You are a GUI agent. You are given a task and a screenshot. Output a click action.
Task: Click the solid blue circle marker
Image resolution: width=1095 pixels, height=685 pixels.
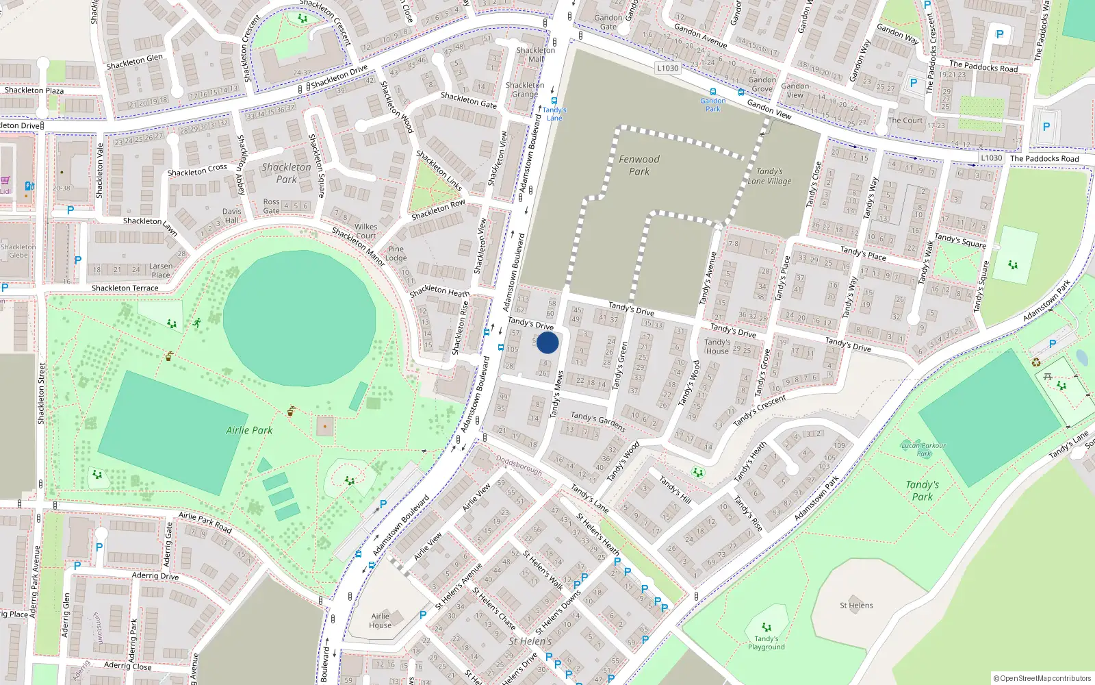point(547,343)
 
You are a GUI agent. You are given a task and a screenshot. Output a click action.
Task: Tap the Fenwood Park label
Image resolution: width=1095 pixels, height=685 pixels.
point(639,165)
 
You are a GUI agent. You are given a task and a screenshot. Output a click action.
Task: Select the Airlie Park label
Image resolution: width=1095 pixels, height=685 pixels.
point(249,430)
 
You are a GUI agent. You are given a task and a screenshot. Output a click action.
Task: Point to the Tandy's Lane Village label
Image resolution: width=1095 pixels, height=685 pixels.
point(769,176)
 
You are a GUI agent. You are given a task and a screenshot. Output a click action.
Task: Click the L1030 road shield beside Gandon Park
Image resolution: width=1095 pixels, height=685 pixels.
point(667,68)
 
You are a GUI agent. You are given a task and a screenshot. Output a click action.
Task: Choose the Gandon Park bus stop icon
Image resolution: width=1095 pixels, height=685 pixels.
point(713,92)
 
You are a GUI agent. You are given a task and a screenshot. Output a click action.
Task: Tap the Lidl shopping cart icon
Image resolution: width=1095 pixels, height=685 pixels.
point(5,181)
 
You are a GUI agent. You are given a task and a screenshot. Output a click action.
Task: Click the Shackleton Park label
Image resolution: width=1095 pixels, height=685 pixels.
point(286,173)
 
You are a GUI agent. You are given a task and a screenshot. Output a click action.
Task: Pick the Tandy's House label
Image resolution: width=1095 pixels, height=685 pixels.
point(717,346)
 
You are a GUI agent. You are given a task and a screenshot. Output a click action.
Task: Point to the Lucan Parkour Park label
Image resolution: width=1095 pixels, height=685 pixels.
point(923,449)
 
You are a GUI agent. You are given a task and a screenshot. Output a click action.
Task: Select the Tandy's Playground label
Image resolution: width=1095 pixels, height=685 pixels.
point(766,643)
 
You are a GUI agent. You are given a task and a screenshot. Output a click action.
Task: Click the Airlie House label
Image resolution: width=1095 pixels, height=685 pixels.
point(380,620)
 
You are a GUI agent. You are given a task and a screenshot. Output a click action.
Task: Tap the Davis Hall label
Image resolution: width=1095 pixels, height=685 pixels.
point(231,216)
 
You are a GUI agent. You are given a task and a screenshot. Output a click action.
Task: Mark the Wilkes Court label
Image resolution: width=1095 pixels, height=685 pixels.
point(365,231)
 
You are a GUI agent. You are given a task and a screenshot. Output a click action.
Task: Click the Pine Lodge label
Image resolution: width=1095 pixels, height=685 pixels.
point(396,253)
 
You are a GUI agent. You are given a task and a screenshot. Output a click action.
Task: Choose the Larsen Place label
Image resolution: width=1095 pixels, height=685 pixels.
point(161,271)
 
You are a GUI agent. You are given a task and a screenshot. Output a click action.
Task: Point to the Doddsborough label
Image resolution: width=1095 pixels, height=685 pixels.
point(519,466)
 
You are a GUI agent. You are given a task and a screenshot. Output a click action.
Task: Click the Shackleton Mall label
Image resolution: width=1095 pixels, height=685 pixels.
point(536,54)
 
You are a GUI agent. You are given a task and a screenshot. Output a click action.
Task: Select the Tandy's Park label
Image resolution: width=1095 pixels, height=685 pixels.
point(922,490)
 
